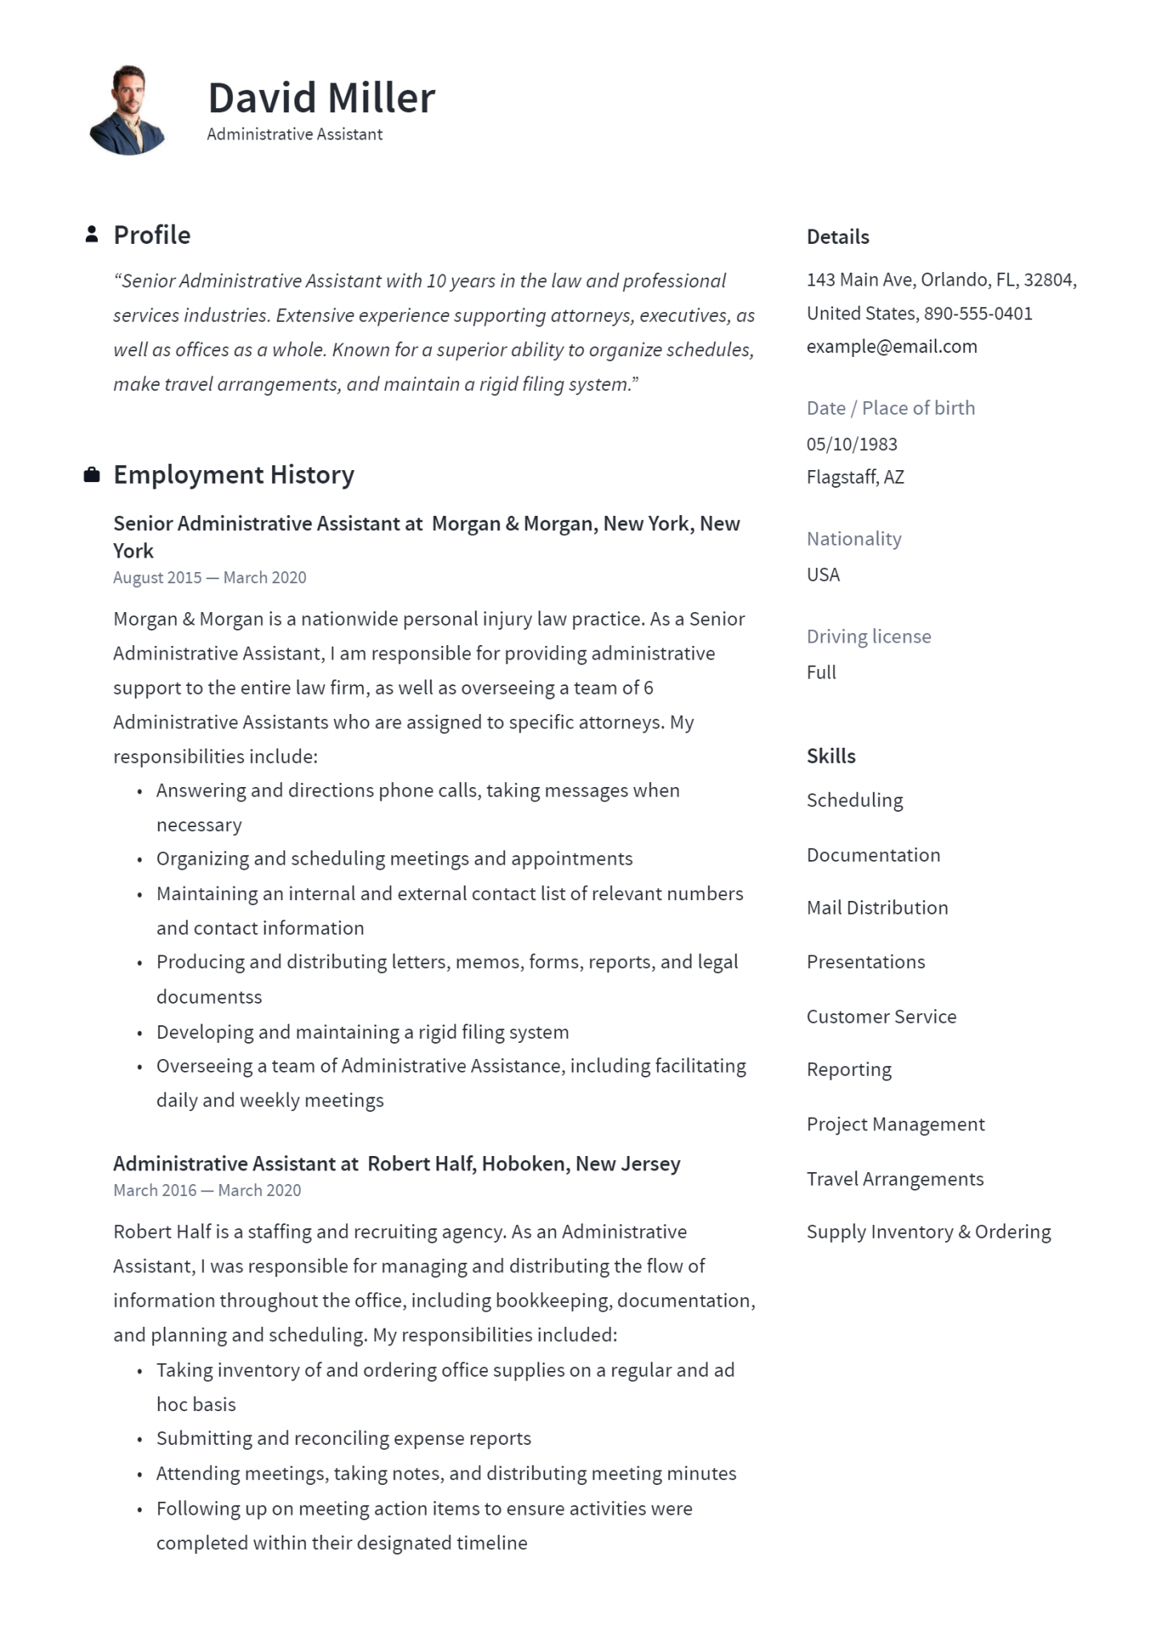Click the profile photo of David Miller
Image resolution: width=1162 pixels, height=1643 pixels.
128,110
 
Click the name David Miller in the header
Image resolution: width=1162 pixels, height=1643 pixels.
321,98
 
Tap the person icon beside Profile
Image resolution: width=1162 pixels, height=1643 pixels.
92,234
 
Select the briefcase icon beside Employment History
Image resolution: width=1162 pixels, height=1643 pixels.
92,475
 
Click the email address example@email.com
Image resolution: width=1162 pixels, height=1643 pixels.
892,347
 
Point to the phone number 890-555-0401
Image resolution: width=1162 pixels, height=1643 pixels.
977,314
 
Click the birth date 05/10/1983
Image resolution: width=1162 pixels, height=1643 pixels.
851,444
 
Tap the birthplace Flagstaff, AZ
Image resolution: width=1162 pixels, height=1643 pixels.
855,477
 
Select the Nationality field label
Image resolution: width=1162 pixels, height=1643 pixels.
854,539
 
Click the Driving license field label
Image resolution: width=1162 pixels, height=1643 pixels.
868,637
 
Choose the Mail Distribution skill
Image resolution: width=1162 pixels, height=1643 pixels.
877,908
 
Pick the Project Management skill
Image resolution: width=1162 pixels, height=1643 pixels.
895,1125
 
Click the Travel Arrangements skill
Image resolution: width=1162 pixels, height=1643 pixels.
895,1179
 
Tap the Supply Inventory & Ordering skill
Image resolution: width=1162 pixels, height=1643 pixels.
928,1232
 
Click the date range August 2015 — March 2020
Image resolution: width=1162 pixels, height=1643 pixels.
209,578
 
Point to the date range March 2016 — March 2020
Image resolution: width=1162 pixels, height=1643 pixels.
207,1191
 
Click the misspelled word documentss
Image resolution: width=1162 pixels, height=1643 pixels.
209,997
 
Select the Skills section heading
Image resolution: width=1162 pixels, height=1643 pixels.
831,757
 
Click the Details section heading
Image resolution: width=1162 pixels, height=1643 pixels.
838,237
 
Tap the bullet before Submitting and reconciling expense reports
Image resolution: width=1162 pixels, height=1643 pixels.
140,1440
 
